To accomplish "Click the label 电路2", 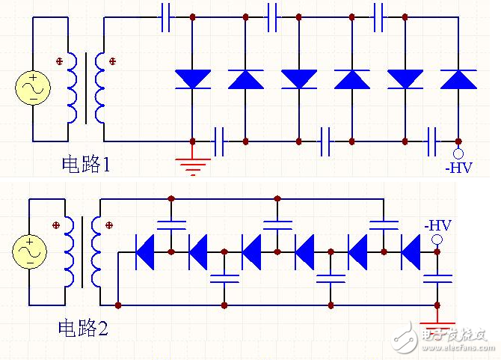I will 83,327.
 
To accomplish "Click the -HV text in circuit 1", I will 458,169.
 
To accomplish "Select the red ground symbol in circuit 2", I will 437,327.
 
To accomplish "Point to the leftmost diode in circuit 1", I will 193,79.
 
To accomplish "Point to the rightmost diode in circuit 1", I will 458,79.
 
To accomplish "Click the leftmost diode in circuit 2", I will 144,251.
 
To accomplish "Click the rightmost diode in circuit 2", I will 410,251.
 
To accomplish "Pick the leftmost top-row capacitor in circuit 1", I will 167,16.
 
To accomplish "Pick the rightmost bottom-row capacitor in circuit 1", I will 431,141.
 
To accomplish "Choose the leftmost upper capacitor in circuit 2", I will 171,223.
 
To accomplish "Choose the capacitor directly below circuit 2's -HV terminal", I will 437,279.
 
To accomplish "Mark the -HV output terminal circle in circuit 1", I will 458,156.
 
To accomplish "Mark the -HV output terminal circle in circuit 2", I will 437,240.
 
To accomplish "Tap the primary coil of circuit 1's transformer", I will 73,88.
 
